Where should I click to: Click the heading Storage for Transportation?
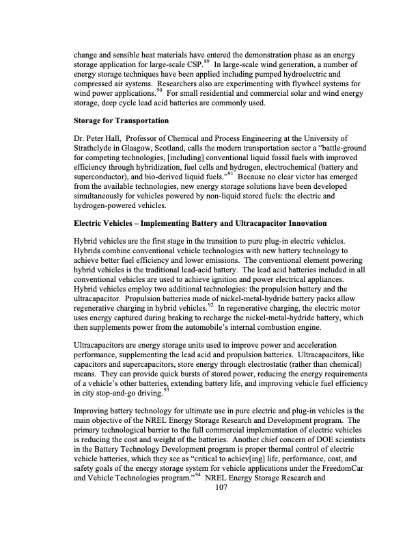click(122, 121)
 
